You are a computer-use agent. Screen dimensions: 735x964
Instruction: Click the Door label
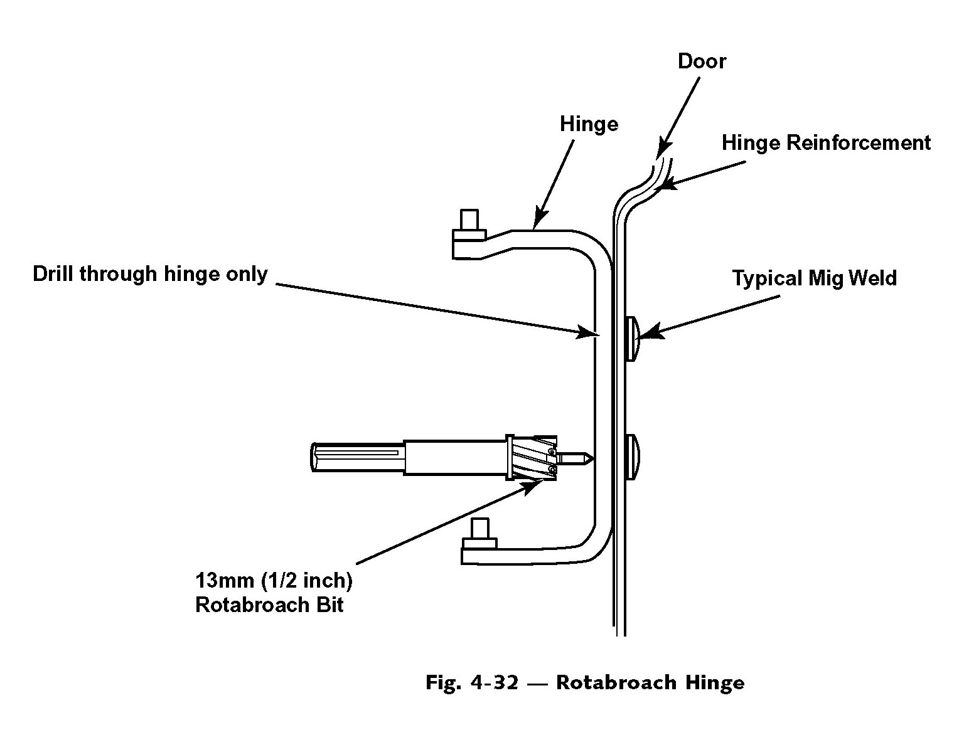click(x=702, y=61)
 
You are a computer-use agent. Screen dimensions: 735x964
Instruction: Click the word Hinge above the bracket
click(x=589, y=124)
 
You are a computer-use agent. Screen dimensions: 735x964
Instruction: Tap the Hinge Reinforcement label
click(x=826, y=143)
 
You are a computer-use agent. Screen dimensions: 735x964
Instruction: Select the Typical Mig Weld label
click(x=814, y=278)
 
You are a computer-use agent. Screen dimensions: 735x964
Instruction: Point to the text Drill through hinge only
click(x=150, y=274)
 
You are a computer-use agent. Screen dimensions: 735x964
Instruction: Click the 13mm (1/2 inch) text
click(x=274, y=580)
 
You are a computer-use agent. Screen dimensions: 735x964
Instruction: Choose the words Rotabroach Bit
click(x=269, y=605)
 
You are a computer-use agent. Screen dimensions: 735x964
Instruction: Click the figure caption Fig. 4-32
click(x=472, y=682)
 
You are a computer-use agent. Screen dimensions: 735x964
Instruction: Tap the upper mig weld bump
click(x=632, y=338)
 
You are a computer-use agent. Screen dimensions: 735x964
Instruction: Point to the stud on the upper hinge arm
click(x=468, y=221)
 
